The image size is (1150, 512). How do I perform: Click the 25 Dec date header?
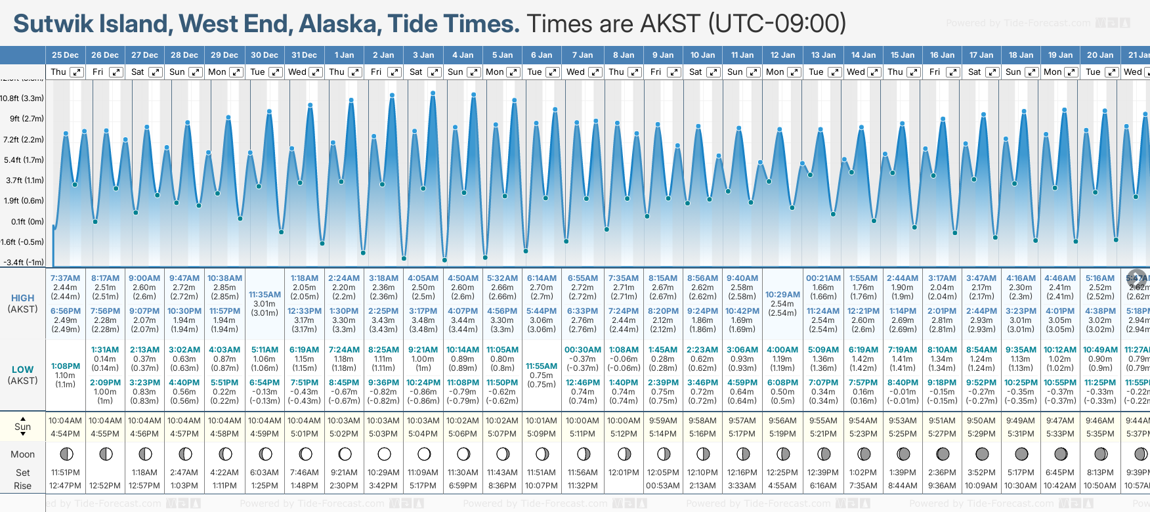pyautogui.click(x=65, y=55)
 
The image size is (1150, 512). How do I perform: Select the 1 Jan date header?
pyautogui.click(x=344, y=55)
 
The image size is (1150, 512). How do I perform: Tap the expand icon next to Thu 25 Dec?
pyautogui.click(x=76, y=72)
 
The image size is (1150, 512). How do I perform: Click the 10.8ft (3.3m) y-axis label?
pyautogui.click(x=22, y=98)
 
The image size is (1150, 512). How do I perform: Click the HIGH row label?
pyautogui.click(x=22, y=298)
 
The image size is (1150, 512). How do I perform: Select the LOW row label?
pyautogui.click(x=22, y=370)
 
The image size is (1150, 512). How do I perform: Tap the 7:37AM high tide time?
pyautogui.click(x=65, y=278)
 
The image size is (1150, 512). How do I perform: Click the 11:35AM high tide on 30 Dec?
pyautogui.click(x=265, y=295)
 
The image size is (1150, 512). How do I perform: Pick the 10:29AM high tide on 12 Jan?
pyautogui.click(x=782, y=295)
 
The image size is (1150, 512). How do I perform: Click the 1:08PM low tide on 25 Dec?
pyautogui.click(x=65, y=366)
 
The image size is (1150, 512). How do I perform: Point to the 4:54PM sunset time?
pyautogui.click(x=65, y=434)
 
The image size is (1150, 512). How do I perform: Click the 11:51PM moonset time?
pyautogui.click(x=65, y=473)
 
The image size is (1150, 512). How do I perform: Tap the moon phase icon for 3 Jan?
pyautogui.click(x=424, y=454)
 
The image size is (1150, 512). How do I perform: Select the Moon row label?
pyautogui.click(x=22, y=454)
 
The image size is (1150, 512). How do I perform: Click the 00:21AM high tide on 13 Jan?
pyautogui.click(x=823, y=278)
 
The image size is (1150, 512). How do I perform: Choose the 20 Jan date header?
pyautogui.click(x=1100, y=55)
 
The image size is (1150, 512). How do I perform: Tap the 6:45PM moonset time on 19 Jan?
pyautogui.click(x=1060, y=473)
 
